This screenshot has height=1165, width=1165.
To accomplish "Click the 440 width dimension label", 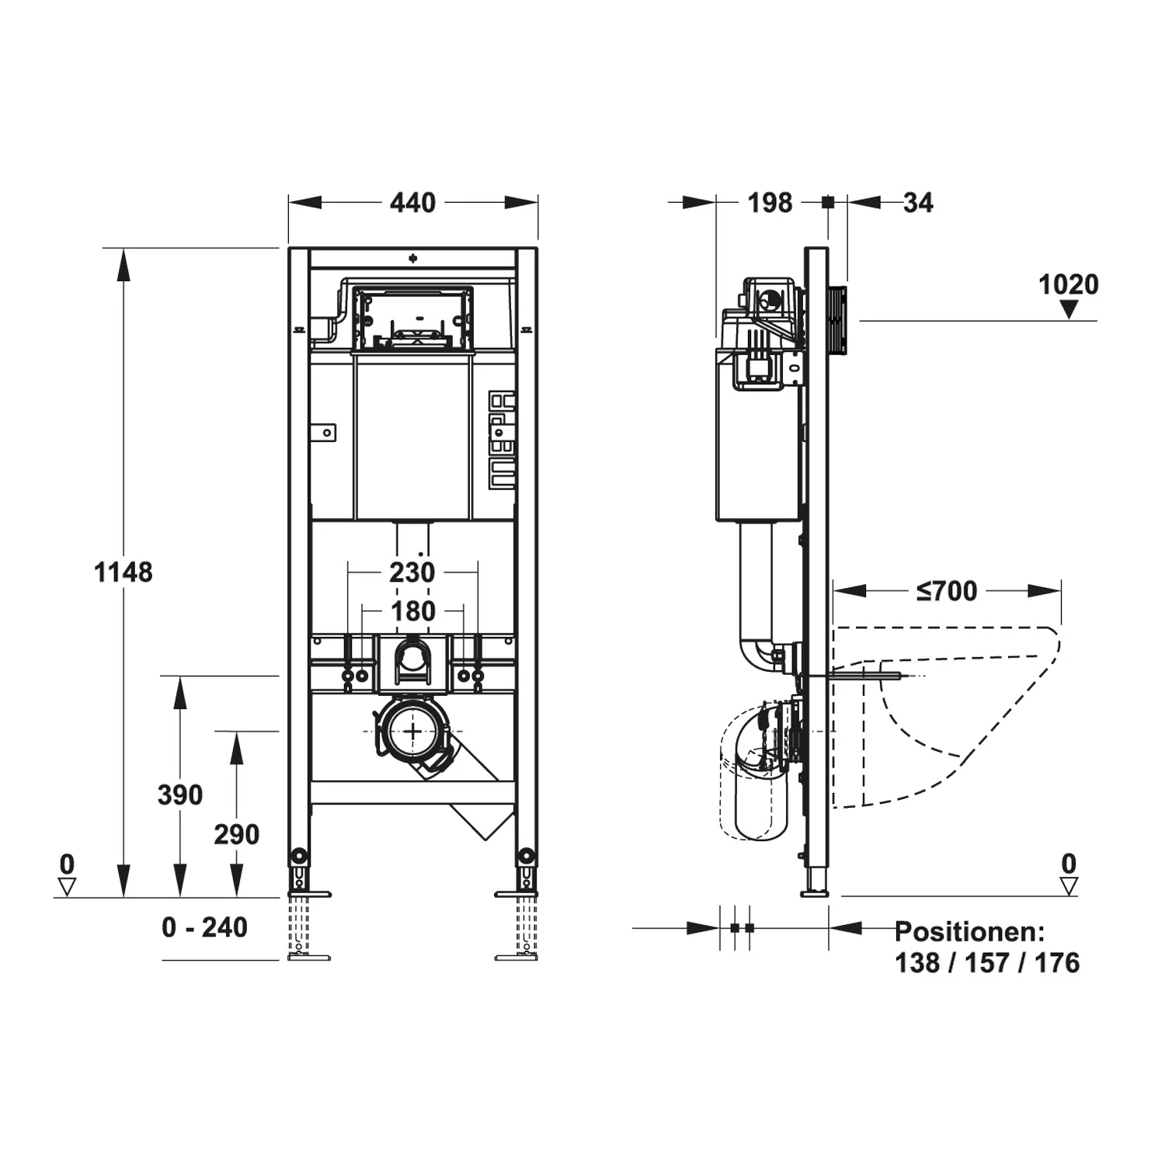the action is [412, 203].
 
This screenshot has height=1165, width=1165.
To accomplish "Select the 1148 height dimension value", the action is [123, 572].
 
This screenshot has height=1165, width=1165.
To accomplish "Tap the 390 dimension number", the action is [180, 795].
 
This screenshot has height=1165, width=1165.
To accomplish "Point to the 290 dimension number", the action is [237, 834].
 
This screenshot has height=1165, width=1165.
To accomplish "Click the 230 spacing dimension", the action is [412, 572].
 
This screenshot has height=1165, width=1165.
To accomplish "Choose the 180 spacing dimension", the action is [412, 611].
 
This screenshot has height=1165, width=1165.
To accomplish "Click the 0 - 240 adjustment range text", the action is [205, 927].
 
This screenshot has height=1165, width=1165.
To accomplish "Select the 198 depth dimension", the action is [770, 203].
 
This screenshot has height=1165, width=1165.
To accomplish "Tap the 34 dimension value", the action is [918, 203].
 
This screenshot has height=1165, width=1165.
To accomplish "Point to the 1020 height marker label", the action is [1069, 284].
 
